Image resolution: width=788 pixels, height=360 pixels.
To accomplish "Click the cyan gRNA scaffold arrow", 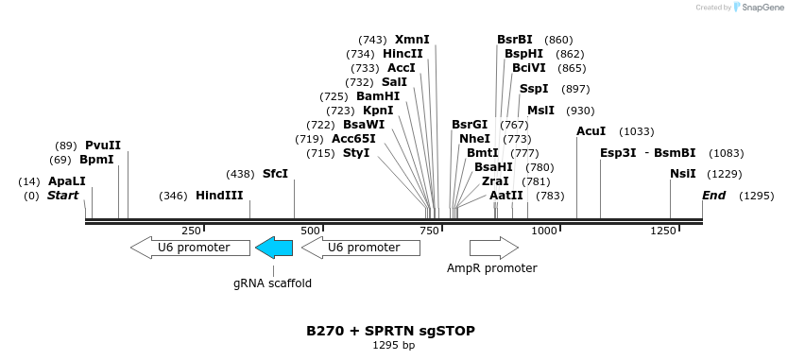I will click(274, 248).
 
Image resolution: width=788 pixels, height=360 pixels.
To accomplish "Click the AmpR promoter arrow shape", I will click(493, 248).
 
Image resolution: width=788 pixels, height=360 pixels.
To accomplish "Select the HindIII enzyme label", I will click(219, 196).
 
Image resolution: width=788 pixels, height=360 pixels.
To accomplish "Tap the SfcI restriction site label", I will click(275, 174).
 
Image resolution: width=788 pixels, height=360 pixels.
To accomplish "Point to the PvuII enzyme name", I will click(103, 146).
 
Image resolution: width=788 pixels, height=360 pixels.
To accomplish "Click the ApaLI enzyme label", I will click(67, 181).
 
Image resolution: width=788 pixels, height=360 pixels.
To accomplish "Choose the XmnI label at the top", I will click(412, 40).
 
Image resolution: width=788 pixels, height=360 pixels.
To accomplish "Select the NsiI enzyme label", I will click(683, 174).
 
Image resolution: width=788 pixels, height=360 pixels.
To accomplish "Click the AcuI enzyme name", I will click(591, 131).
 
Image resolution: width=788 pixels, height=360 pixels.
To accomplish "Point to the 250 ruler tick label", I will click(192, 231).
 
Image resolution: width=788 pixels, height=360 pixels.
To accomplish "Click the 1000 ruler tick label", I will click(543, 231).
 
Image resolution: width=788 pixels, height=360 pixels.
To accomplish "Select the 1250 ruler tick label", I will click(661, 231).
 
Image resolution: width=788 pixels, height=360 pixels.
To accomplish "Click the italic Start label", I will click(62, 196).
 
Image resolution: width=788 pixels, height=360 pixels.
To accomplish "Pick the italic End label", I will click(714, 196).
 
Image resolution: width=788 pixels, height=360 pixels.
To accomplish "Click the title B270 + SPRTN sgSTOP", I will click(390, 331).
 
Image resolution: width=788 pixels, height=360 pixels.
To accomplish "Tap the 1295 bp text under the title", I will click(393, 346).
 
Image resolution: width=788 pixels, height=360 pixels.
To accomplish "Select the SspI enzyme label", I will click(534, 89).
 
